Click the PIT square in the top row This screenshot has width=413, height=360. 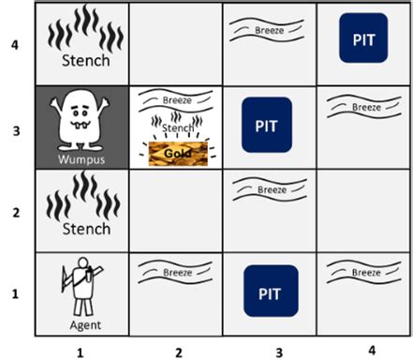363,37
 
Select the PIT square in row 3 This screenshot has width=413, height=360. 267,125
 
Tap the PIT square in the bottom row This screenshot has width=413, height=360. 271,291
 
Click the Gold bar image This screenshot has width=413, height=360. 178,154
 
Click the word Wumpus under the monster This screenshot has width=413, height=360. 81,159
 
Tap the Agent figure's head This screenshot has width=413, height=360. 82,262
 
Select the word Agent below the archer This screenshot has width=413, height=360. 85,325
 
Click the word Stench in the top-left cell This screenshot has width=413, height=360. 86,60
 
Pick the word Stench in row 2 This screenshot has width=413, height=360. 86,229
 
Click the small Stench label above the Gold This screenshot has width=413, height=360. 178,127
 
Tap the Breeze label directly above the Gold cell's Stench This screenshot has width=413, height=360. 177,100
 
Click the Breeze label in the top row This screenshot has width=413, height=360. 269,30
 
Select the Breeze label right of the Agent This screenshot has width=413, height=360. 178,273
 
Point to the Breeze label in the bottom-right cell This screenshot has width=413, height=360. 366,273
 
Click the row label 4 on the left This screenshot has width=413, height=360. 15,45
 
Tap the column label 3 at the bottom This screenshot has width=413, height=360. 279,352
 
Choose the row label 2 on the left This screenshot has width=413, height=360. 16,213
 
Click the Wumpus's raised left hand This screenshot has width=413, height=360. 105,102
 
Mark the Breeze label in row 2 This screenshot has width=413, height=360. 272,189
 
